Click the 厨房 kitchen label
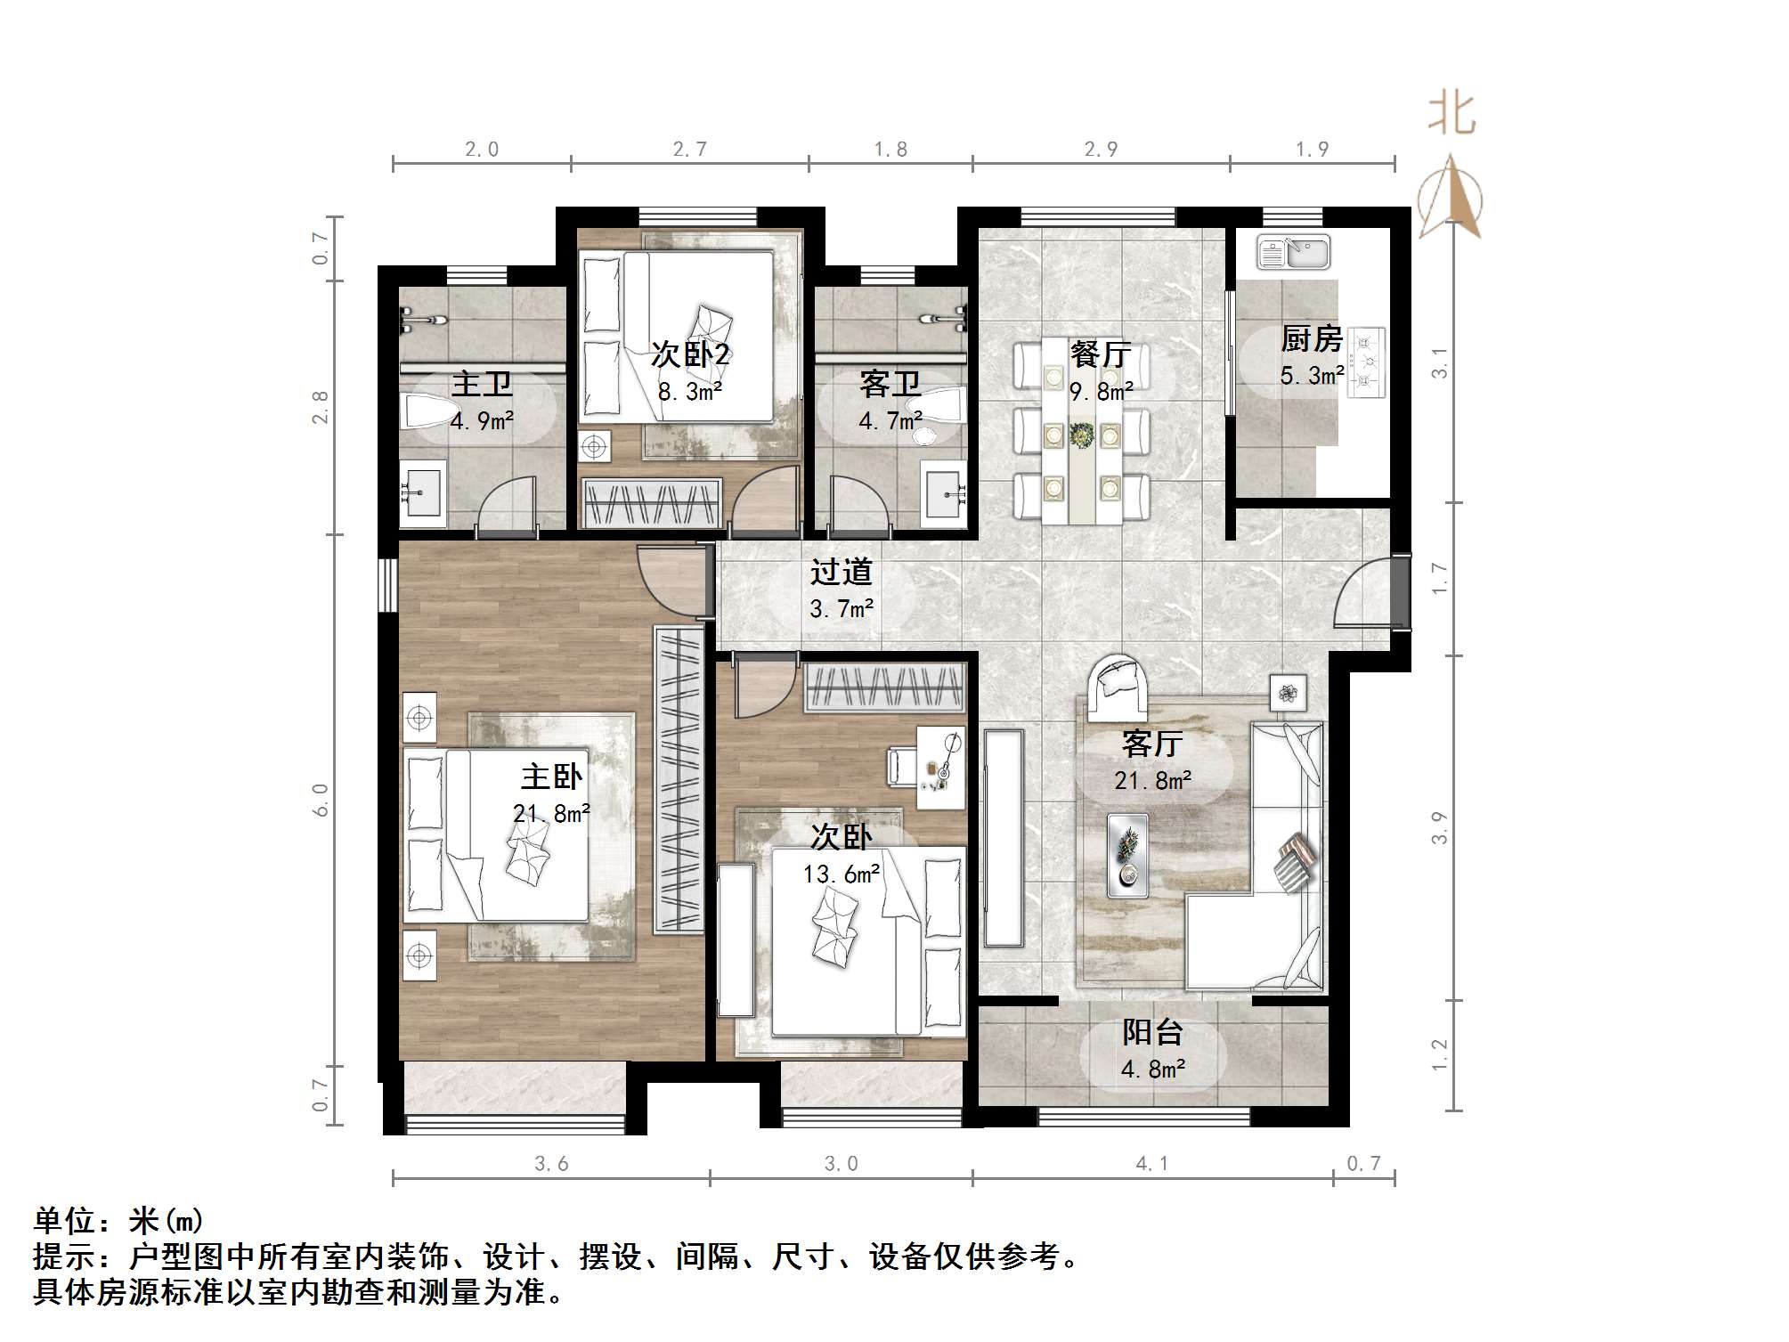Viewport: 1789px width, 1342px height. coord(1311,339)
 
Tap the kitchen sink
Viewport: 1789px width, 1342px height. coord(1293,252)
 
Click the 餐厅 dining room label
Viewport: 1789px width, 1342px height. coord(1101,354)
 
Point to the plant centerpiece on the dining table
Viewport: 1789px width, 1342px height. coord(1082,435)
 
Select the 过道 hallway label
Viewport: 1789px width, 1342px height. coord(841,572)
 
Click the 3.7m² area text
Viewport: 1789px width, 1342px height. coord(841,609)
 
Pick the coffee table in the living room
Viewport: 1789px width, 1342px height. coord(1127,854)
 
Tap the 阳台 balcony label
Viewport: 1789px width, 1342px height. coord(1152,1032)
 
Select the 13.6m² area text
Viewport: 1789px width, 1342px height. coord(841,874)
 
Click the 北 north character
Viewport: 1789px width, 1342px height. coord(1452,115)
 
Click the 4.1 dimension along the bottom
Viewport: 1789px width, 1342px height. coord(1151,1163)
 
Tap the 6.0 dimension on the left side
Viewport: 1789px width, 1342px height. coord(321,800)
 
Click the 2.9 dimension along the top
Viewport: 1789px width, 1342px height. coord(1101,150)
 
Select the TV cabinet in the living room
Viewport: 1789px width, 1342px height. coord(1004,837)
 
